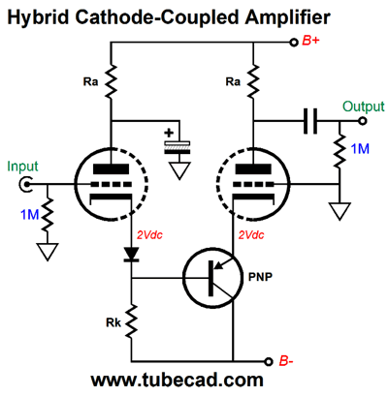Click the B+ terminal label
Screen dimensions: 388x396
click(310, 42)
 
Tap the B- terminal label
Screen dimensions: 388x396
click(286, 361)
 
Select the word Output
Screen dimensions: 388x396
click(364, 107)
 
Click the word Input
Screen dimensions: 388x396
click(22, 167)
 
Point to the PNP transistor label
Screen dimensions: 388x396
click(260, 277)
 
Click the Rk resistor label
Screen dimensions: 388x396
click(113, 322)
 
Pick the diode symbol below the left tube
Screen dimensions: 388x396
click(132, 254)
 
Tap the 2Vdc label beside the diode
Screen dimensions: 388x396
click(149, 235)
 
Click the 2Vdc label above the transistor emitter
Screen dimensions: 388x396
click(251, 235)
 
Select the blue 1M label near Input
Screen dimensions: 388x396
click(29, 215)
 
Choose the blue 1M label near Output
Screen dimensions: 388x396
click(360, 149)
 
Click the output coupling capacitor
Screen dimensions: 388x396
click(310, 121)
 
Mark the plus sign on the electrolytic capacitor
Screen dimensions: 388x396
click(169, 133)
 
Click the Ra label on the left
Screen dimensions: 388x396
click(90, 81)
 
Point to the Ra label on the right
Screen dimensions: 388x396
click(233, 81)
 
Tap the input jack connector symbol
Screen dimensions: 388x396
click(24, 185)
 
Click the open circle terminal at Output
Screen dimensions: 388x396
click(363, 121)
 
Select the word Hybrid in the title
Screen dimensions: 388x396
click(38, 17)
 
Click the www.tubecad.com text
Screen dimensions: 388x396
click(177, 380)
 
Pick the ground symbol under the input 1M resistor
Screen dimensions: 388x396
click(48, 252)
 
